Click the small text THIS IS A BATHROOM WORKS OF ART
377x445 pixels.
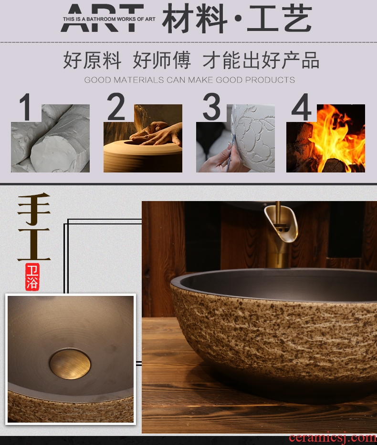(x=109, y=19)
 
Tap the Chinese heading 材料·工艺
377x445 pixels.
(x=237, y=19)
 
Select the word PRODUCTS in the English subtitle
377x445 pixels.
(x=270, y=80)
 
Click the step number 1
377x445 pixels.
(x=25, y=107)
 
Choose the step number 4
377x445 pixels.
(x=302, y=107)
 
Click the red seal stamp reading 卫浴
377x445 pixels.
(x=32, y=277)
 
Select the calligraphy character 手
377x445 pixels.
(x=34, y=209)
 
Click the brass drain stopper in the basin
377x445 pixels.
(x=70, y=364)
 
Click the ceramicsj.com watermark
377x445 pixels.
(x=333, y=438)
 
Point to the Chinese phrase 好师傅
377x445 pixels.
(x=161, y=60)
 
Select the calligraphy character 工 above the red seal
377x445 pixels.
(x=34, y=244)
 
